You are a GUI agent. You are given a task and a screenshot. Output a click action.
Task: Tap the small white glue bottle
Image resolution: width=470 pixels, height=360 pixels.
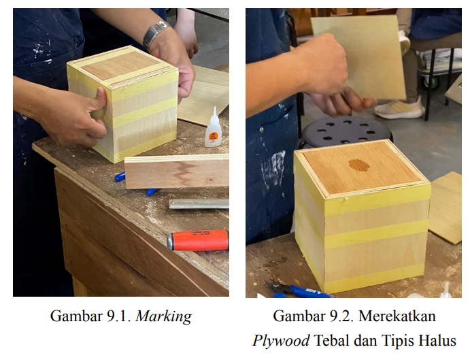click(213, 127)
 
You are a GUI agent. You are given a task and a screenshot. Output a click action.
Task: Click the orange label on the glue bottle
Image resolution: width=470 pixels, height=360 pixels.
click(214, 135)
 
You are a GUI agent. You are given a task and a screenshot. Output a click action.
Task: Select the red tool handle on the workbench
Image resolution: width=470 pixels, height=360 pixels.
click(198, 240)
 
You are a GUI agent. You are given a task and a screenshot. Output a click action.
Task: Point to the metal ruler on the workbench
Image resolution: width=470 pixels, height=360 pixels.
click(199, 204)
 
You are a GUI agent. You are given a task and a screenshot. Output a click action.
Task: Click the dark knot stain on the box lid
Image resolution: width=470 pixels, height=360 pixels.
click(358, 165)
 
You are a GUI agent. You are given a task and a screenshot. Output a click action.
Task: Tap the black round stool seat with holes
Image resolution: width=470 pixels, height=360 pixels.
click(347, 131)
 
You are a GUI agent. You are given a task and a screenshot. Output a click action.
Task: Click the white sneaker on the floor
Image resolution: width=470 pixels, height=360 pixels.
click(399, 108)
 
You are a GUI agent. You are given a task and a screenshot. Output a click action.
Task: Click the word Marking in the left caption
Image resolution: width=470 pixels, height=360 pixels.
click(164, 317)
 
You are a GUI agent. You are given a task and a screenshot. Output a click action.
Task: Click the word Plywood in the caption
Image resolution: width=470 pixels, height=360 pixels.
click(281, 341)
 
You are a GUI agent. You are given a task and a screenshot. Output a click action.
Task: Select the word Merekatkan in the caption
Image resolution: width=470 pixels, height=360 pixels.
click(397, 316)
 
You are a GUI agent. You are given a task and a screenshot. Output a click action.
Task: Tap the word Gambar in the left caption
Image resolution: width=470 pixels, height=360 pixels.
click(76, 316)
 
